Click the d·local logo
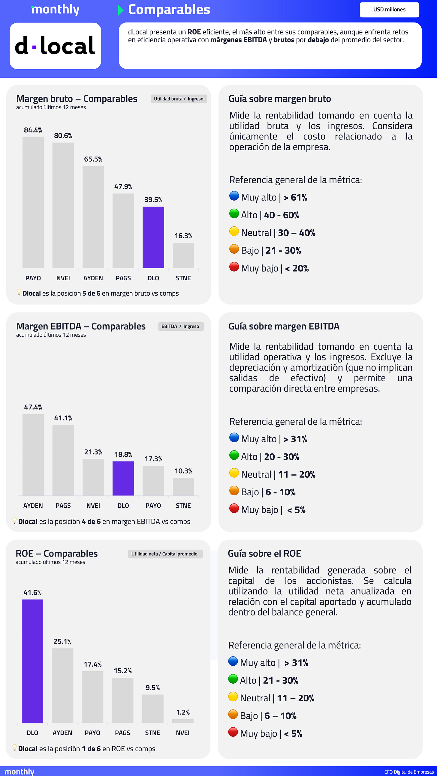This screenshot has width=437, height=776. click(55, 46)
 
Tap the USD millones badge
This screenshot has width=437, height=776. click(389, 10)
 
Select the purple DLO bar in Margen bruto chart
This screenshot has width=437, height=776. click(153, 237)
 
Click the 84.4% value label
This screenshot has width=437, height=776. click(33, 130)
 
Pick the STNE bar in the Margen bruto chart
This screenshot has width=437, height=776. click(183, 255)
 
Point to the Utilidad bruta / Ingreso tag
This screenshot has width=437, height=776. click(179, 99)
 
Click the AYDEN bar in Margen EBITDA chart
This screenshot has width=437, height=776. click(33, 455)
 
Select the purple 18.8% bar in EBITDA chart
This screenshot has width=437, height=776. click(123, 478)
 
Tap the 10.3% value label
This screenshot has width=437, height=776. click(183, 471)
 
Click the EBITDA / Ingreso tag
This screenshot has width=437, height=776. click(180, 327)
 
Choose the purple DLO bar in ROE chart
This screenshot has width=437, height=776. click(32, 661)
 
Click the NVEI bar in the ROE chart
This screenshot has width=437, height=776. click(182, 721)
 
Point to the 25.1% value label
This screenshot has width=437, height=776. click(62, 641)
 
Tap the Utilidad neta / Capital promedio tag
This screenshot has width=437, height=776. click(164, 554)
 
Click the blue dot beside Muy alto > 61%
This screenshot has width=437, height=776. click(234, 196)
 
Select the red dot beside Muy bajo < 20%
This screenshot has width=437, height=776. click(234, 267)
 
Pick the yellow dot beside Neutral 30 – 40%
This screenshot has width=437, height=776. click(234, 231)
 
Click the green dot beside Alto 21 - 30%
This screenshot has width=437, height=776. click(233, 679)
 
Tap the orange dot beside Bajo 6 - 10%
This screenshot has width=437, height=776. click(234, 491)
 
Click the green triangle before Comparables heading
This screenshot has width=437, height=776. click(121, 10)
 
